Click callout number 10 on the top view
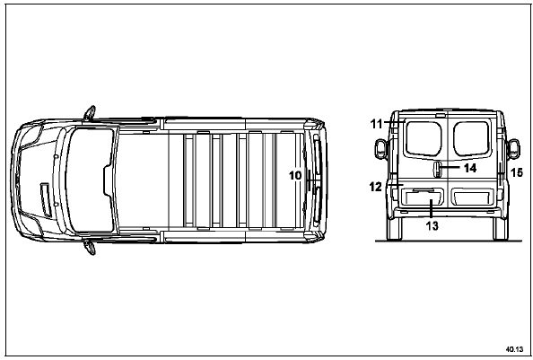pos(295,175)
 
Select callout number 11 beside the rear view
pos(376,124)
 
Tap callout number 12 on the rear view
pos(376,187)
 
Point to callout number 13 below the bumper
pos(432,225)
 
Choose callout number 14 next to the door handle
pos(470,168)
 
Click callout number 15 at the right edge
pos(516,172)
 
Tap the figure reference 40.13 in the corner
pos(514,349)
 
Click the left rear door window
pos(424,138)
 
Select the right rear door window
pos(471,138)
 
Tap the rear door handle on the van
pos(438,170)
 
